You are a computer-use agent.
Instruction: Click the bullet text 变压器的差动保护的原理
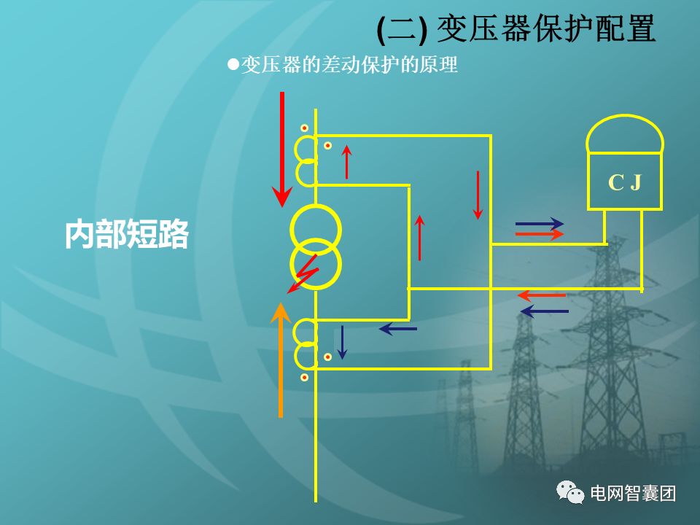tap(349, 65)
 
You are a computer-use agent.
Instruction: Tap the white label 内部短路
tap(126, 235)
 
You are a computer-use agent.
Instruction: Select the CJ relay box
tap(624, 182)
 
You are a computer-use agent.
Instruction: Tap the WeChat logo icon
tap(570, 493)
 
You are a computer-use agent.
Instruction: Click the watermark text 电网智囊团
tap(632, 494)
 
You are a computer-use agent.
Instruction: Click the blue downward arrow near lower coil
tap(341, 343)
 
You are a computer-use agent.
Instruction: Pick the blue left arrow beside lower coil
tap(397, 329)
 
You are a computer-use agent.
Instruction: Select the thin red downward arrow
tap(478, 195)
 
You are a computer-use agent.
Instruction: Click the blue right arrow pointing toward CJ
tap(539, 223)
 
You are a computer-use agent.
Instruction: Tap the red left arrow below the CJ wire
tap(542, 295)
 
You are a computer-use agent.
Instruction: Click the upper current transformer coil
tap(306, 160)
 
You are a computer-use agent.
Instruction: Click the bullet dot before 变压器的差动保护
tap(233, 64)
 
